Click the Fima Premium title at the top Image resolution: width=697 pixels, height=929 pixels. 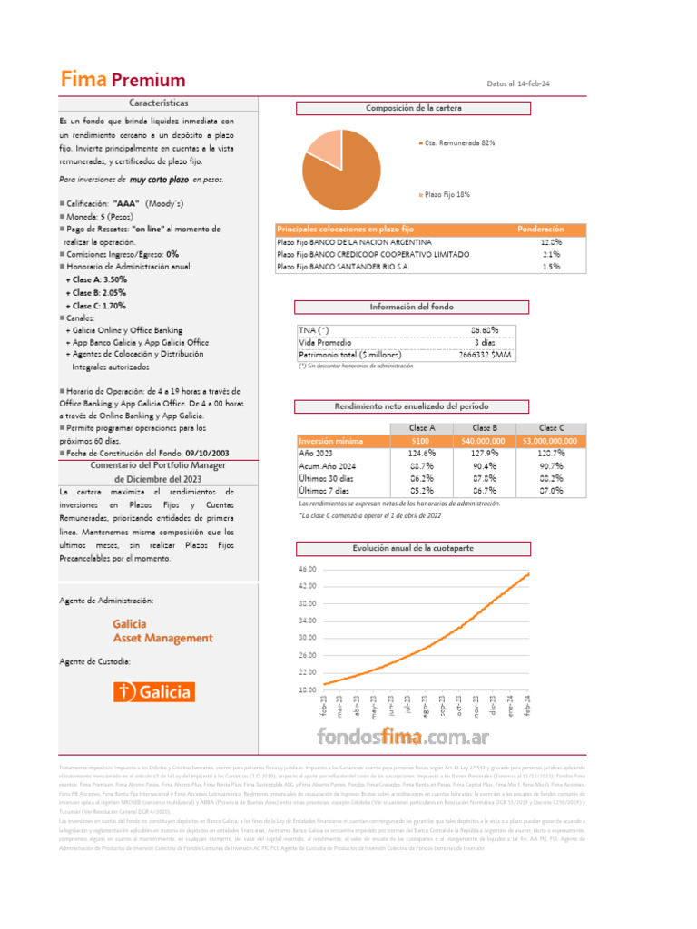coord(123,80)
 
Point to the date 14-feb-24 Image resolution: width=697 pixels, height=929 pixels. coord(534,83)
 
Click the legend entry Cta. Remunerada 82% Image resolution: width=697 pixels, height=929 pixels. coord(459,143)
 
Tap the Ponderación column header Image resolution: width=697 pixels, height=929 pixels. coord(540,230)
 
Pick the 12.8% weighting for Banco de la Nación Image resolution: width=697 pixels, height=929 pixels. coord(551,242)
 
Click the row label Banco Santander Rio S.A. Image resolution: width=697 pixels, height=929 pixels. coord(343,267)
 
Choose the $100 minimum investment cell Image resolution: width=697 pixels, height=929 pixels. coord(421,441)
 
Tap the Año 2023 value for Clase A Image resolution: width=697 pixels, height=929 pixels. coord(421,453)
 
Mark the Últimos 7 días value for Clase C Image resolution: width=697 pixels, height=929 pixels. coord(551,490)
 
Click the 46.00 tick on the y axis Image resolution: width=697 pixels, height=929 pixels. coord(307,569)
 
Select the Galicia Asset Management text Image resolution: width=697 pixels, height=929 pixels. coord(163,631)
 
